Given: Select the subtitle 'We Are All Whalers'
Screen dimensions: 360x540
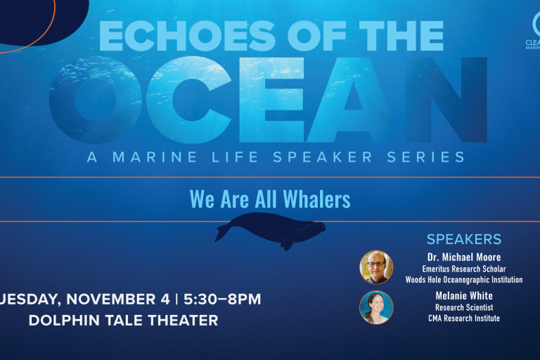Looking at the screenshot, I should (270, 200).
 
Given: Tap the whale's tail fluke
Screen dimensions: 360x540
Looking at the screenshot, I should (224, 229).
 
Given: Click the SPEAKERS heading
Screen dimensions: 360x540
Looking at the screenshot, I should (464, 239).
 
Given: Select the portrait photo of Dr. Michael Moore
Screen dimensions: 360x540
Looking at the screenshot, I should (376, 267).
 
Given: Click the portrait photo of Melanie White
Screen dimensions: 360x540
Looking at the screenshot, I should (376, 307).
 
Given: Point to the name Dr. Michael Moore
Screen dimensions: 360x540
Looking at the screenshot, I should (464, 257).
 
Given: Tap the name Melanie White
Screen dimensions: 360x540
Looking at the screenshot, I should (464, 296).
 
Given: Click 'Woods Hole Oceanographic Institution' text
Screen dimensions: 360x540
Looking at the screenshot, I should (464, 280).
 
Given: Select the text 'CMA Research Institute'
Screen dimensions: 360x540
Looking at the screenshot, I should (464, 319).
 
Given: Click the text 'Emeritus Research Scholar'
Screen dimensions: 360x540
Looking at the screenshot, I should (464, 269).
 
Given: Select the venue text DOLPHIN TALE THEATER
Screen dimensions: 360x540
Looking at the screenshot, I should (124, 321).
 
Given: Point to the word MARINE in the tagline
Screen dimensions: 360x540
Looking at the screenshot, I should (153, 157).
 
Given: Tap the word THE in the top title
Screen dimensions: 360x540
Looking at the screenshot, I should (394, 36).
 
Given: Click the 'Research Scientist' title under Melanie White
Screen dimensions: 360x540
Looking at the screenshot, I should (464, 307).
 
